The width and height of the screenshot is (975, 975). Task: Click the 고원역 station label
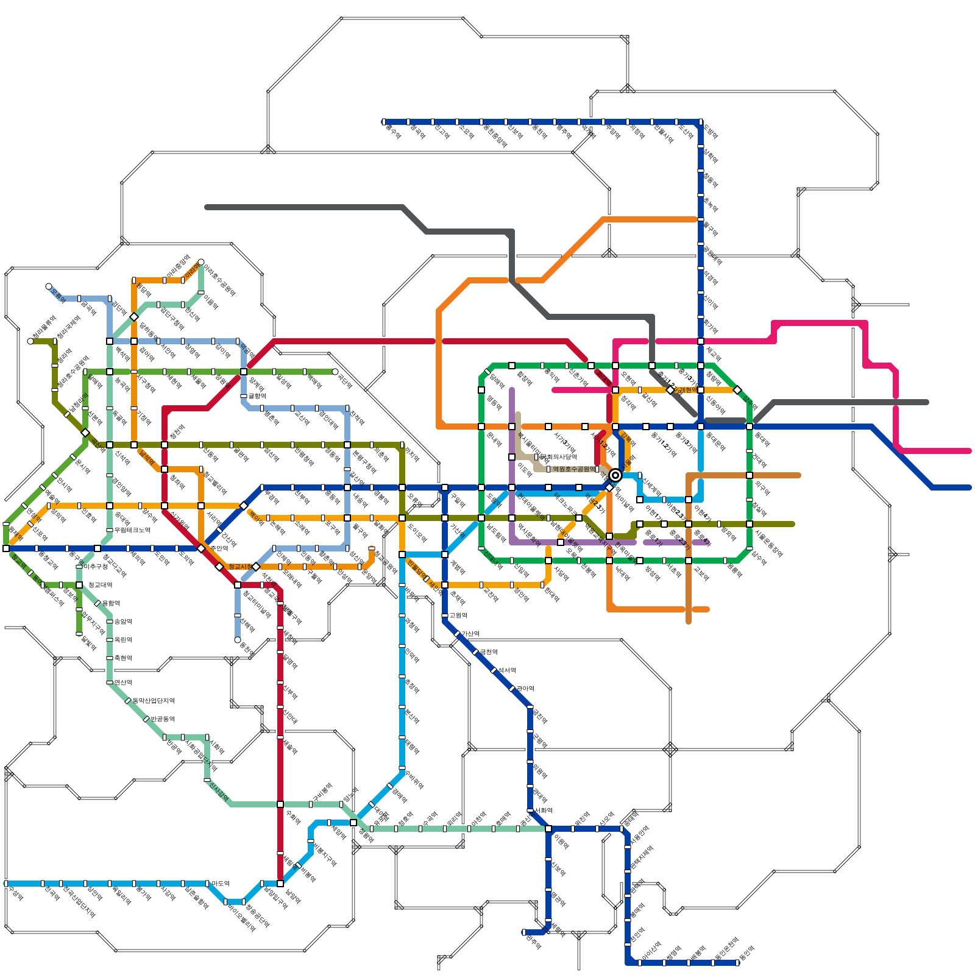458,615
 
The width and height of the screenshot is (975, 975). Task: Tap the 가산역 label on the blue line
470,634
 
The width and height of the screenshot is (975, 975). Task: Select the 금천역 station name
488,652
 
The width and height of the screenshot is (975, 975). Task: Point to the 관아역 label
525,689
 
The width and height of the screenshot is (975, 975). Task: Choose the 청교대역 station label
100,585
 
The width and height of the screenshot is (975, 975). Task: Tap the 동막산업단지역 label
154,701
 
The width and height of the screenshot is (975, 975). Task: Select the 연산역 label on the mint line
122,682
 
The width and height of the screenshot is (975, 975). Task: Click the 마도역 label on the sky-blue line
220,883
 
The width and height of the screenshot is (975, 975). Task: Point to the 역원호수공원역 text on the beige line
573,469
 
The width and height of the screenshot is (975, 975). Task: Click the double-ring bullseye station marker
615,475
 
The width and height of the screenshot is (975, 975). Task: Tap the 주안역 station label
219,548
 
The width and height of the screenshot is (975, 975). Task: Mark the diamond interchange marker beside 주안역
202,548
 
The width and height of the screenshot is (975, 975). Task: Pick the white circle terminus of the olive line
30,341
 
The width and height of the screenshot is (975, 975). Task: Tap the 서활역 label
543,810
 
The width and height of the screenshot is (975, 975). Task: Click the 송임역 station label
122,622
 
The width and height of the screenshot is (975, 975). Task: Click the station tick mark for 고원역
445,615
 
